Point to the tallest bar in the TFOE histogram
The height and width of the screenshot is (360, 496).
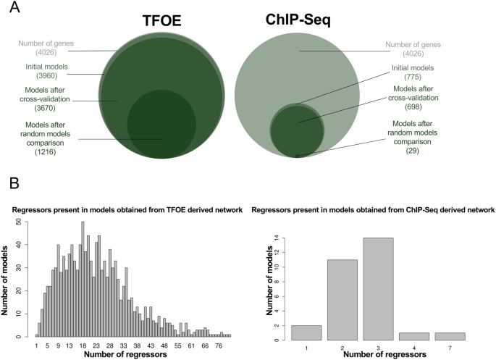[83, 279]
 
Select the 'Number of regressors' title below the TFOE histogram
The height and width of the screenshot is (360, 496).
[119, 354]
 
